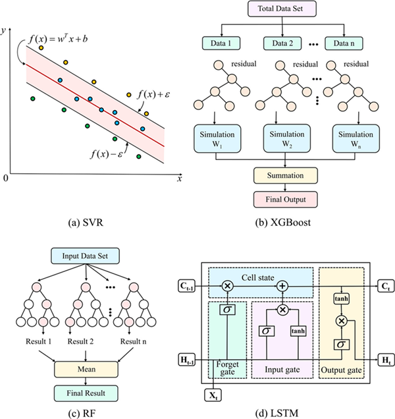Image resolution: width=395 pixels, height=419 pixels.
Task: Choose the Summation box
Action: click(x=286, y=176)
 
